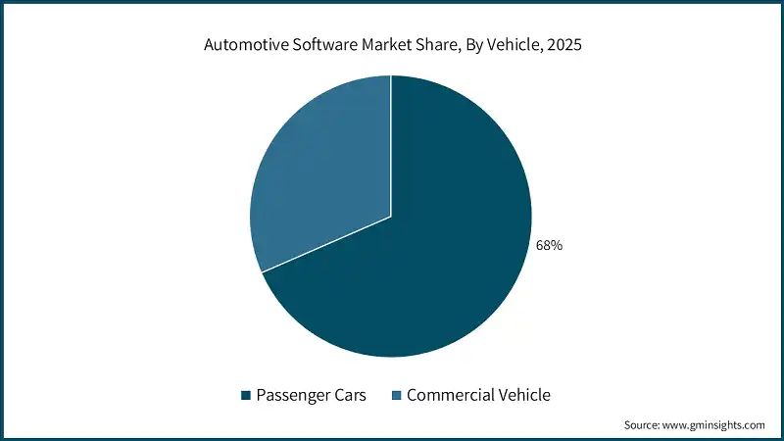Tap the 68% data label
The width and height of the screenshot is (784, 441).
549,245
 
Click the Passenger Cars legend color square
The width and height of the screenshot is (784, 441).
246,396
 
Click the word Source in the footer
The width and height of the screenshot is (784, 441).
643,425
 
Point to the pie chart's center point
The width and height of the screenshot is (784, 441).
391,216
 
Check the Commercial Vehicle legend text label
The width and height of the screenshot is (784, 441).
478,396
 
